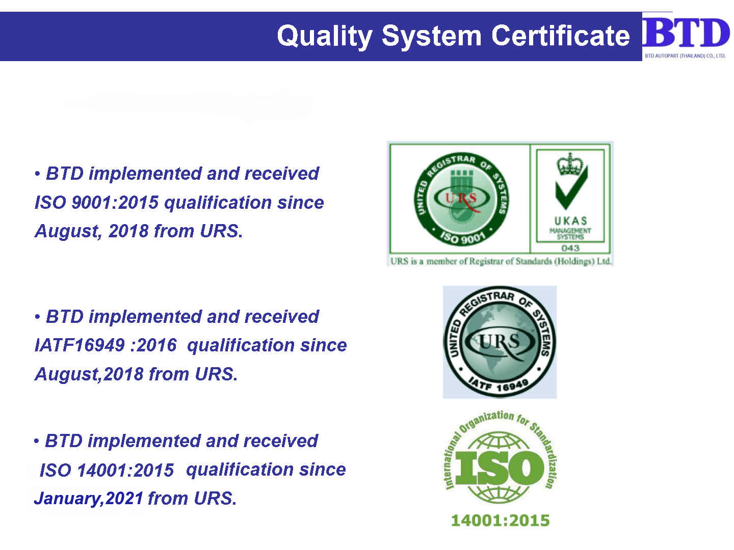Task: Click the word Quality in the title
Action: point(324,36)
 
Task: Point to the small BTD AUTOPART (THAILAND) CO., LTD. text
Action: point(685,56)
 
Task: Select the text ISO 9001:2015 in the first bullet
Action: point(97,202)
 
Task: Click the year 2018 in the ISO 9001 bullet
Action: point(128,231)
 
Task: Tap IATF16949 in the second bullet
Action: point(80,345)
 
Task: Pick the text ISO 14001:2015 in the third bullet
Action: point(107,470)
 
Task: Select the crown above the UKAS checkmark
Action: point(569,164)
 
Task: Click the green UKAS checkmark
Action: point(571,188)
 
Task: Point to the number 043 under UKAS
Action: point(570,248)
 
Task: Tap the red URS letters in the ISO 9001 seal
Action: point(461,199)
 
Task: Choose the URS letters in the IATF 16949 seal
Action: point(499,341)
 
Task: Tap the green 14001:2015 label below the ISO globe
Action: point(500,520)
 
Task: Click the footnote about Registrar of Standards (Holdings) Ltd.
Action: point(501,261)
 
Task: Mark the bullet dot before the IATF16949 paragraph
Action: point(37,317)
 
